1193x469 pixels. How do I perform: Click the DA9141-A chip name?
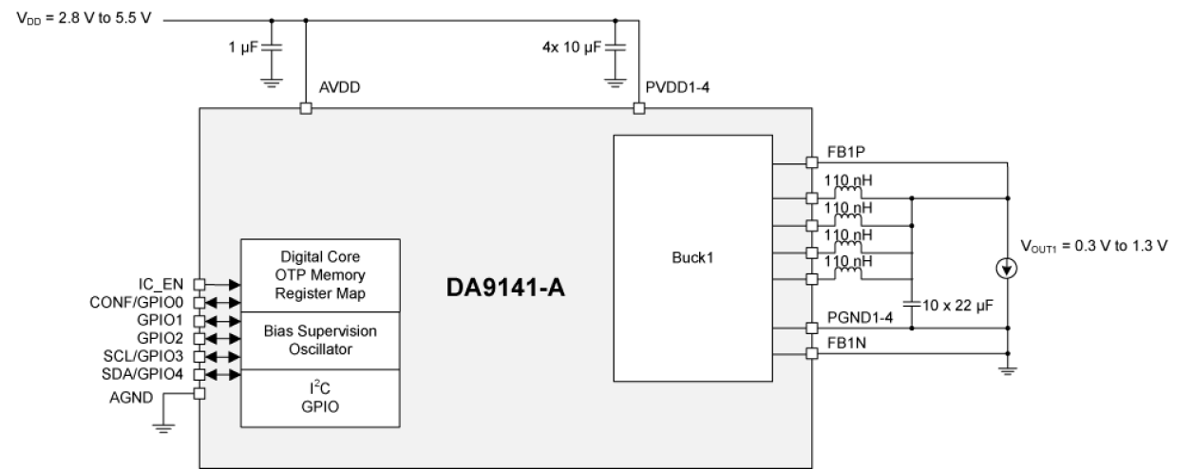coord(505,287)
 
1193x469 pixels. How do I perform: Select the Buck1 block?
coord(691,257)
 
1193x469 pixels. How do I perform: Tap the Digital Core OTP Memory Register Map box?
coord(320,274)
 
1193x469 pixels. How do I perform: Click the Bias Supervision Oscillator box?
coord(320,340)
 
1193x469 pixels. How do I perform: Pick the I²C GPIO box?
coord(320,398)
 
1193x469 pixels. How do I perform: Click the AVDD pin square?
coord(305,109)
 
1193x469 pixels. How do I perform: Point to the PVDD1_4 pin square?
coord(638,109)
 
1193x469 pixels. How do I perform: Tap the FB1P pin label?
coord(845,153)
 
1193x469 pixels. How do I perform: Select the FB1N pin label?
coord(845,343)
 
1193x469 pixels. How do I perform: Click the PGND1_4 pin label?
coord(861,316)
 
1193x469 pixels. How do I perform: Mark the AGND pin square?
coord(199,393)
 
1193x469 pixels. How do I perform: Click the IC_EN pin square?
coord(199,284)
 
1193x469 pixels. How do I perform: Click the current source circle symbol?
coord(1007,271)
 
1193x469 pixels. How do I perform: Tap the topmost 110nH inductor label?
coord(849,179)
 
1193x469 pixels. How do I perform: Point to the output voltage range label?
coord(1092,246)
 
